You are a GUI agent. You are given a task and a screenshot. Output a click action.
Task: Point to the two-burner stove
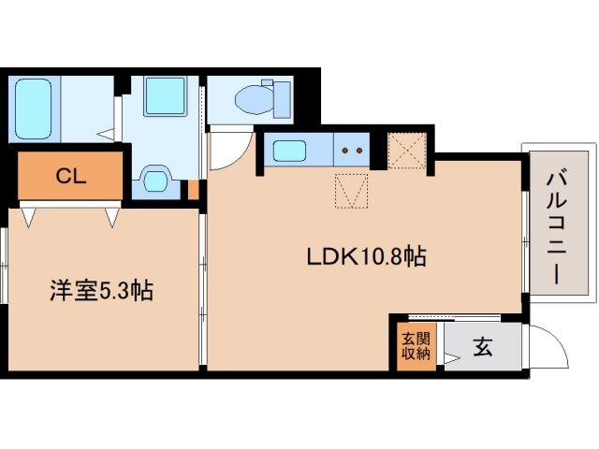point(351,149)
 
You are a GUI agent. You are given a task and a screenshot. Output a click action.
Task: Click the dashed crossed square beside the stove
point(407,150)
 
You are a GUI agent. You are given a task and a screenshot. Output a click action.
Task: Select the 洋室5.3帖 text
point(100,290)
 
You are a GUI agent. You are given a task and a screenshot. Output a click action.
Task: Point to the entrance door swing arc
point(550,346)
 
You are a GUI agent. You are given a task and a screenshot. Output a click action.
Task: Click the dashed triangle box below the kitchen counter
point(351,192)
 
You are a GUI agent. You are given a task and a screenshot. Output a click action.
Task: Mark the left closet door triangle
point(29,217)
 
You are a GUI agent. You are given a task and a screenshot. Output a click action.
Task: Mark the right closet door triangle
point(113,217)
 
